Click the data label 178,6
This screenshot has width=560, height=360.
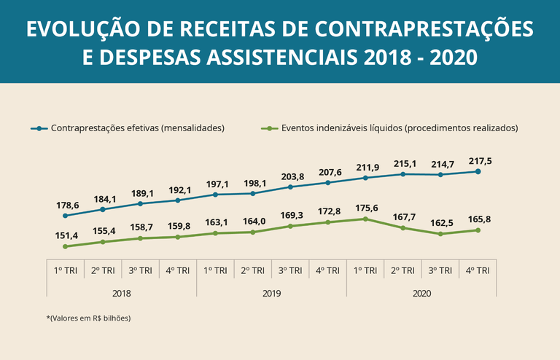(x=66, y=206)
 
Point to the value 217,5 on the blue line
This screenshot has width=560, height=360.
(x=478, y=161)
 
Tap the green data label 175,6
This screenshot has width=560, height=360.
(x=365, y=208)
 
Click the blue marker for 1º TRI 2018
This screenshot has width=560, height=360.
(x=66, y=216)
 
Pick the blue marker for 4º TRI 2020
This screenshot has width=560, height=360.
(x=478, y=171)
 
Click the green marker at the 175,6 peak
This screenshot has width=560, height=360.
(x=365, y=219)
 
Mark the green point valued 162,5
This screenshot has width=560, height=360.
(x=440, y=234)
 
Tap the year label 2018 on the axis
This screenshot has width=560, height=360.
(x=122, y=293)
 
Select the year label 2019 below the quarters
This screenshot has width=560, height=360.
(x=271, y=293)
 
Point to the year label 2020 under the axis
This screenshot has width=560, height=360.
(x=421, y=293)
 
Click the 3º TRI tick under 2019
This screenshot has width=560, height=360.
(x=290, y=270)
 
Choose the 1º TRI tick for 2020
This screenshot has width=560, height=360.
(x=365, y=270)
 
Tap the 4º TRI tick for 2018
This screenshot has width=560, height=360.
(x=178, y=270)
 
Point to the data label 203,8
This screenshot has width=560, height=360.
(x=290, y=176)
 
